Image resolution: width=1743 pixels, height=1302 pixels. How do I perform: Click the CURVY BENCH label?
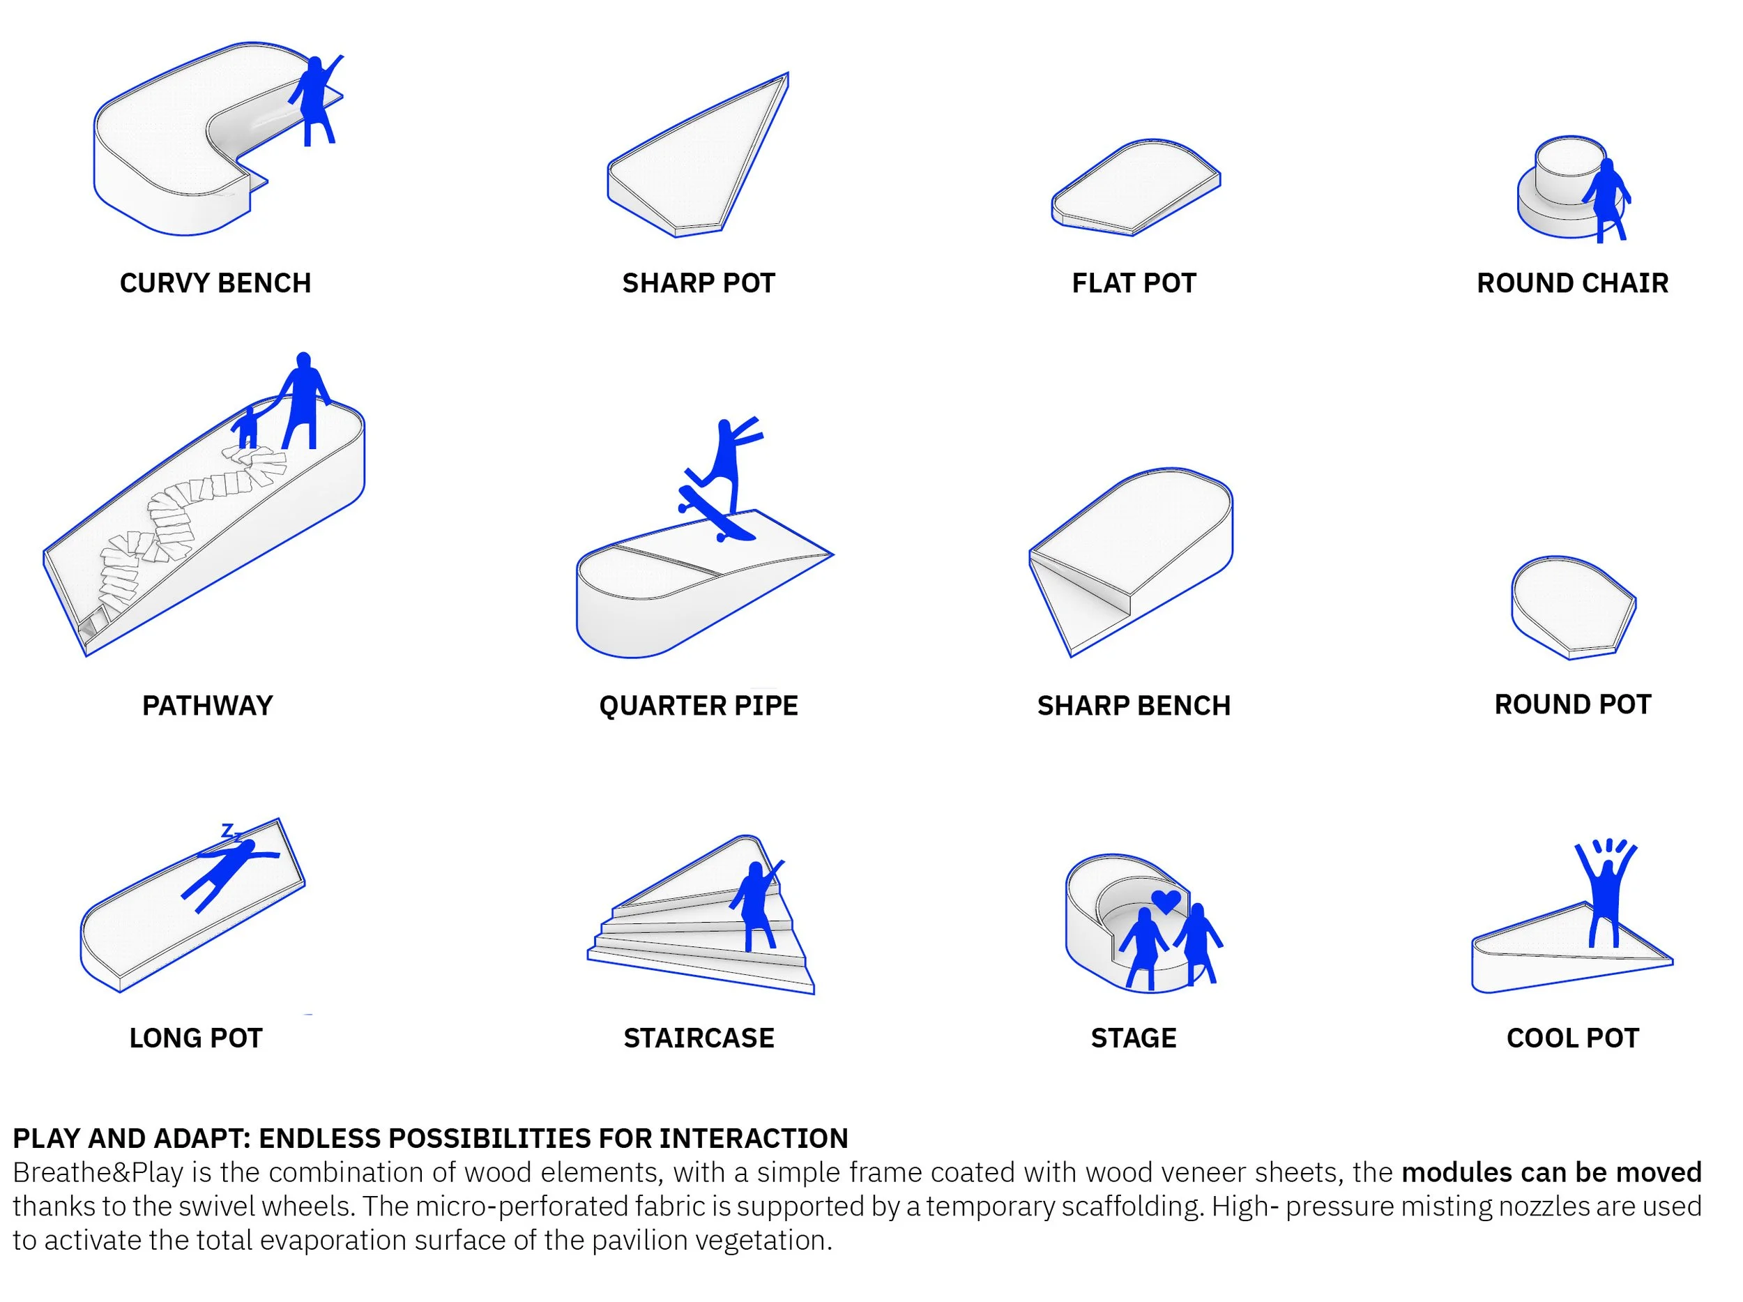tap(215, 283)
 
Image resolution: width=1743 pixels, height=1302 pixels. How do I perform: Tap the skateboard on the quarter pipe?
tap(715, 515)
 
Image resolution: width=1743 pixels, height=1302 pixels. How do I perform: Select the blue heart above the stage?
tap(1166, 900)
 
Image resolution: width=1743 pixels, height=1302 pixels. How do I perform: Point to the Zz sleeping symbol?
tap(230, 831)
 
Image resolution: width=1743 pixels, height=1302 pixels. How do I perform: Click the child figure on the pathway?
tap(248, 427)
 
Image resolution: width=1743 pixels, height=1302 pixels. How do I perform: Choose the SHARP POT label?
tap(698, 283)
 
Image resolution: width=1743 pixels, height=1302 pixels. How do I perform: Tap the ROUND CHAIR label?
tap(1572, 283)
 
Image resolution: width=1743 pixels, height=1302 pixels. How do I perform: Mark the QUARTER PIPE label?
tap(698, 705)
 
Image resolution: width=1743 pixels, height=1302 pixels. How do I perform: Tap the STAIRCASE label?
tap(698, 1038)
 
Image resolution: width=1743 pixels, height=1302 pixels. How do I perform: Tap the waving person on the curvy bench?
tap(314, 98)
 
